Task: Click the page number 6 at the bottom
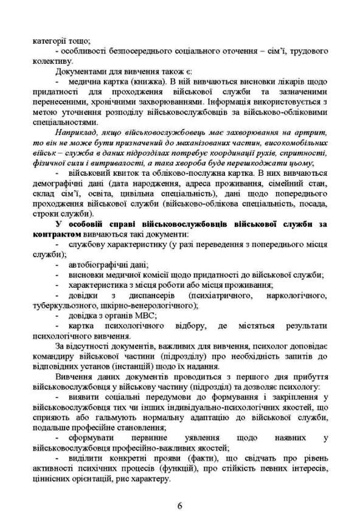pyautogui.click(x=180, y=504)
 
